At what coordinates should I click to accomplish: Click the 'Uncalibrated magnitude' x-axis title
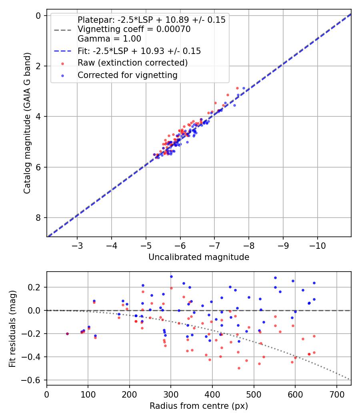pos(199,257)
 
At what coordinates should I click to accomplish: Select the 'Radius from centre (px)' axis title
pos(199,406)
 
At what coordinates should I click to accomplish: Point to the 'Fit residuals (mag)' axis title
pos(12,328)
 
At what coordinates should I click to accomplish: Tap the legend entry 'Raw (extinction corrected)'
pos(132,63)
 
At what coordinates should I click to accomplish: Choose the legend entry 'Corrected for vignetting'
pos(127,75)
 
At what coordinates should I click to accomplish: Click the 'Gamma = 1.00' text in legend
pos(109,39)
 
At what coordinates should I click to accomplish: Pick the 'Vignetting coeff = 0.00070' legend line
pos(134,29)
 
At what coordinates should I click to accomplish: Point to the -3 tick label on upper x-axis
pos(77,244)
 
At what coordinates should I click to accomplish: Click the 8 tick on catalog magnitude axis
pos(38,218)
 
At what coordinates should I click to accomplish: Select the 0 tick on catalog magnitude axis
pos(38,16)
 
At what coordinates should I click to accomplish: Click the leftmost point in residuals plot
pos(67,334)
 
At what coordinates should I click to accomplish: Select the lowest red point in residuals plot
pos(239,368)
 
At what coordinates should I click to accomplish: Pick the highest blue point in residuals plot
pos(171,276)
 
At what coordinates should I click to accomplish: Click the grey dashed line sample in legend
pos(63,30)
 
